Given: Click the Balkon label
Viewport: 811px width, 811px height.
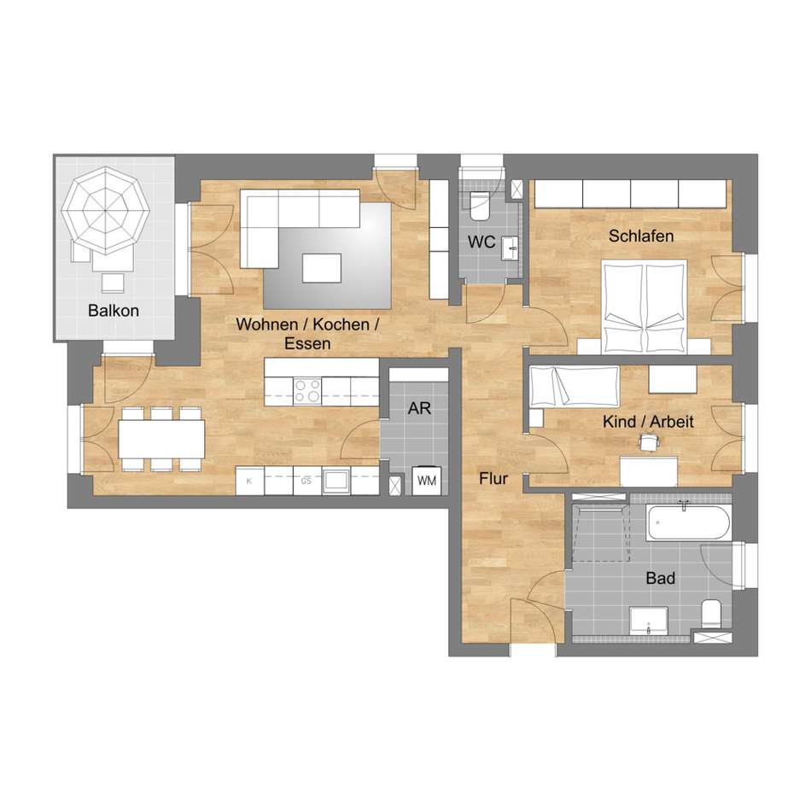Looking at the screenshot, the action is point(114,311).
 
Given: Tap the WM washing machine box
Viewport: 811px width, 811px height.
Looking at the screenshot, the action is point(427,481).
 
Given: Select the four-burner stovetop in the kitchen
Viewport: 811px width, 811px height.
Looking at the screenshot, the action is point(307,391).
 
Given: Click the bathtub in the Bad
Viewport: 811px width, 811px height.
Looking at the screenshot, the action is point(688,523).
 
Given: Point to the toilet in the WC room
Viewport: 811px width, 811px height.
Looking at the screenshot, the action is point(480,206).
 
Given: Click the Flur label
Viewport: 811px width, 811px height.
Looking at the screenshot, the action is point(493,478).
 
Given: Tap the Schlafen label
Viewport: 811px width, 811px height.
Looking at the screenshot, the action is point(641,236).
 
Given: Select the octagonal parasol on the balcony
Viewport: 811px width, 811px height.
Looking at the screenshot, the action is point(106,211).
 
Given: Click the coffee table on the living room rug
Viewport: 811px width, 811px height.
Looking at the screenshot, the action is point(322,268).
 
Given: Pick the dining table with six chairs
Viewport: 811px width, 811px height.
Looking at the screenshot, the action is point(162,439).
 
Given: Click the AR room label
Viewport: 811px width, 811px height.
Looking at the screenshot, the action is point(419,408).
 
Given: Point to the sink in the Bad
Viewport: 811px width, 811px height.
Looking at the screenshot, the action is point(649,621).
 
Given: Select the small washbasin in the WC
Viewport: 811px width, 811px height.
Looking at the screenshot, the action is point(511,248).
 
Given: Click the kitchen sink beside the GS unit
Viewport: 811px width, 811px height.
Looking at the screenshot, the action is point(336,481).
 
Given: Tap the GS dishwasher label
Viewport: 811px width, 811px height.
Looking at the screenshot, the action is point(306,481).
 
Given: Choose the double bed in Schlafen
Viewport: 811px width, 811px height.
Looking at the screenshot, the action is point(645,307).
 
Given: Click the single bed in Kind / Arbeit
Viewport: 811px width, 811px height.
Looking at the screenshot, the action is point(575,386).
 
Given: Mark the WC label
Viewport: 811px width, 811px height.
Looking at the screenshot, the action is point(481,242).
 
